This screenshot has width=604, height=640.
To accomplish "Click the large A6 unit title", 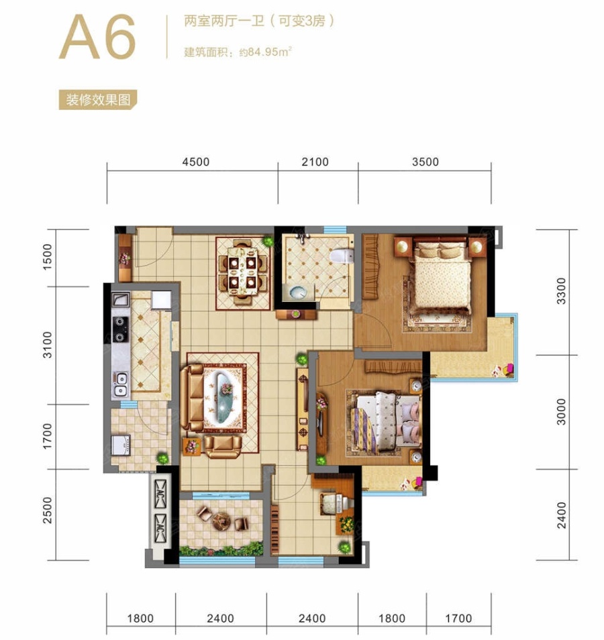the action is [97, 37].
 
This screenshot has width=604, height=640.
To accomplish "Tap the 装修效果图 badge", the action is [97, 99].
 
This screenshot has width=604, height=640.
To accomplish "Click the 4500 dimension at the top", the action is [195, 162].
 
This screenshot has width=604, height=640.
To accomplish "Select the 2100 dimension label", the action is [315, 162].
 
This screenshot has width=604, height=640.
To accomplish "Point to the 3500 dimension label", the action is [425, 162].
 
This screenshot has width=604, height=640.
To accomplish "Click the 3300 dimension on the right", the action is [562, 291].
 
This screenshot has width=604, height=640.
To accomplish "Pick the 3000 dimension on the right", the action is [562, 412].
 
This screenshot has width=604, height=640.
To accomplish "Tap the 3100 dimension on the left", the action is [48, 345].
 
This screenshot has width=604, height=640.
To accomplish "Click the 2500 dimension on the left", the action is [48, 511].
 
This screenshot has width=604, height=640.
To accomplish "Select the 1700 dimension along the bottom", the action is [458, 619].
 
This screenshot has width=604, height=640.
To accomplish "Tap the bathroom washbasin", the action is [298, 292].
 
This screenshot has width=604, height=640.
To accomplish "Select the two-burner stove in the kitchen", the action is [120, 329].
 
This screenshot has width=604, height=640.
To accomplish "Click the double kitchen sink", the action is [121, 384].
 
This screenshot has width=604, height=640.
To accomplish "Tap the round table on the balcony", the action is [221, 521].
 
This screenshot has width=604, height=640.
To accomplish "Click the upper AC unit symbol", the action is [160, 494].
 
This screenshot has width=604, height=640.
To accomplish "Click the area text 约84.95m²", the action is [266, 52].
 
